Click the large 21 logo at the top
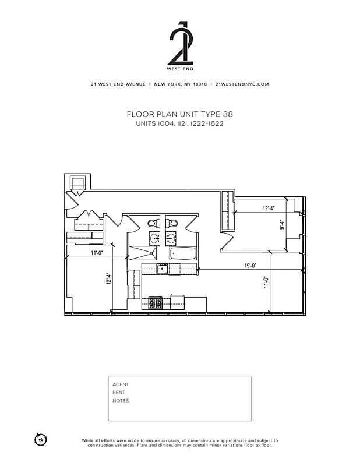click(x=180, y=44)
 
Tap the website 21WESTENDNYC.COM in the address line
click(x=242, y=84)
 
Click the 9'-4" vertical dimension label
click(x=281, y=224)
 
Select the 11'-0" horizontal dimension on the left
click(x=97, y=253)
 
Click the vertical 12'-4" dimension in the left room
click(x=108, y=280)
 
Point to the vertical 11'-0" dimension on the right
click(x=265, y=283)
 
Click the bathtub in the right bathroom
click(x=181, y=253)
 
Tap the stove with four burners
click(x=156, y=303)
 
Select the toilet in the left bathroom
click(x=151, y=223)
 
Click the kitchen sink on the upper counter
click(x=163, y=269)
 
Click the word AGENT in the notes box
click(x=121, y=384)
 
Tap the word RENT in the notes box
click(x=119, y=393)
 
